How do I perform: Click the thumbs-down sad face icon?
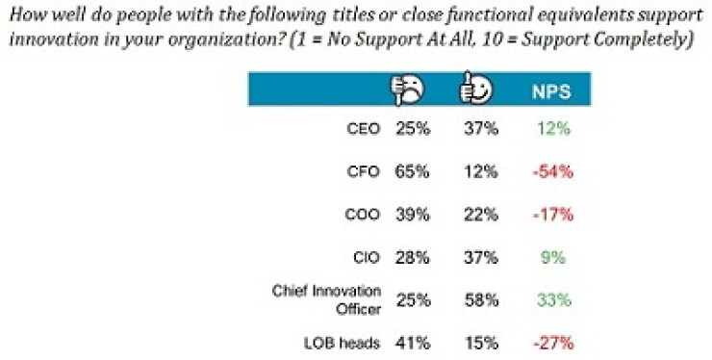coord(407,90)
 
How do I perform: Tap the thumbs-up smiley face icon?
coord(475,89)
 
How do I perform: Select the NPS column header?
coord(551,91)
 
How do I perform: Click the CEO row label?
coord(363,129)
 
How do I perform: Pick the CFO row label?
coord(363,171)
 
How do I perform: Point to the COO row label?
coord(363,215)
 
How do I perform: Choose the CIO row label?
coord(366,258)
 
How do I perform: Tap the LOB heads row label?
coord(342,343)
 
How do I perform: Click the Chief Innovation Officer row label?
coord(326,300)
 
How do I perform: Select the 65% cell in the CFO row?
coord(413,171)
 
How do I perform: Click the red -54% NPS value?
coord(553,171)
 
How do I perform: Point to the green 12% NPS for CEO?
coord(553,129)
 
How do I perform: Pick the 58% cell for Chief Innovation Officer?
coord(481,300)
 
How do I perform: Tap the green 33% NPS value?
coord(554,300)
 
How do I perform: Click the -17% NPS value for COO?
coord(553,215)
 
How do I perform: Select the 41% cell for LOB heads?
coord(413,343)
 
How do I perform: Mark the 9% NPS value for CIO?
coord(553,258)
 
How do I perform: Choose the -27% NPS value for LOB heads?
coord(553,343)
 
